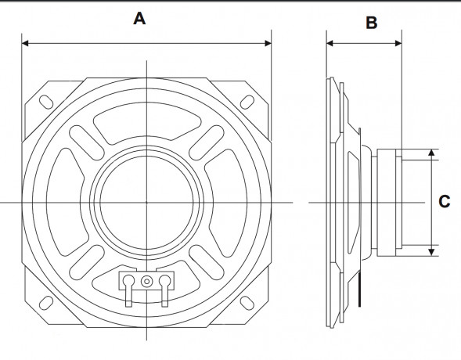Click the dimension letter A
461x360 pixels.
pos(139,19)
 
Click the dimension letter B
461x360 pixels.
pos(372,23)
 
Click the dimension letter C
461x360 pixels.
pos(445,202)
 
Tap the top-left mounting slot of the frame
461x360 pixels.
pos(46,102)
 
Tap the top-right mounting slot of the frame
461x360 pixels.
pos(247,102)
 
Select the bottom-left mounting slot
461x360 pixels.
pos(46,303)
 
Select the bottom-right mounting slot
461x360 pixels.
pos(247,303)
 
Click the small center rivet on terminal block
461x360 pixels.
pos(146,282)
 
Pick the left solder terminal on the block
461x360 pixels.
pos(129,290)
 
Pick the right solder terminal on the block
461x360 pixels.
pos(164,290)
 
